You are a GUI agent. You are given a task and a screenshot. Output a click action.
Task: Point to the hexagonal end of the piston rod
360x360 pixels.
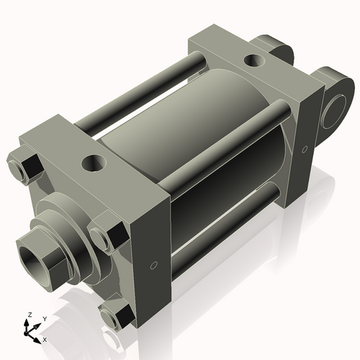[43, 259]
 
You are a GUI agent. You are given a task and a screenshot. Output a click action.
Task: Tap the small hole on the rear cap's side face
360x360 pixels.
[305, 150]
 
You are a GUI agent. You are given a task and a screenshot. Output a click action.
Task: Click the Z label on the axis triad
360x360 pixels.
[30, 315]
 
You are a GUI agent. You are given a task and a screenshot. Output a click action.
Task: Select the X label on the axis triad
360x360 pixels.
[45, 338]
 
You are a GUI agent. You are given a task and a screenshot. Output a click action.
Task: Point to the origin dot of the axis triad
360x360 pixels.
[30, 332]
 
